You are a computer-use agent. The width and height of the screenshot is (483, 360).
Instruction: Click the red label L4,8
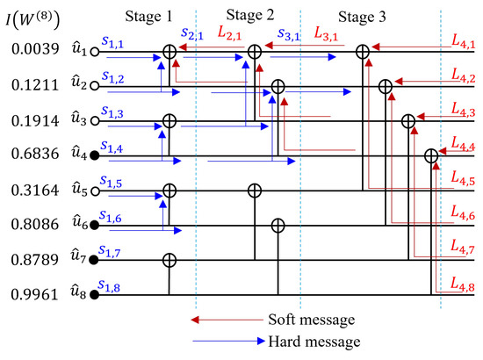pos(461,284)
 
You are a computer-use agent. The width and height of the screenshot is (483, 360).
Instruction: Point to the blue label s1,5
pos(112,181)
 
